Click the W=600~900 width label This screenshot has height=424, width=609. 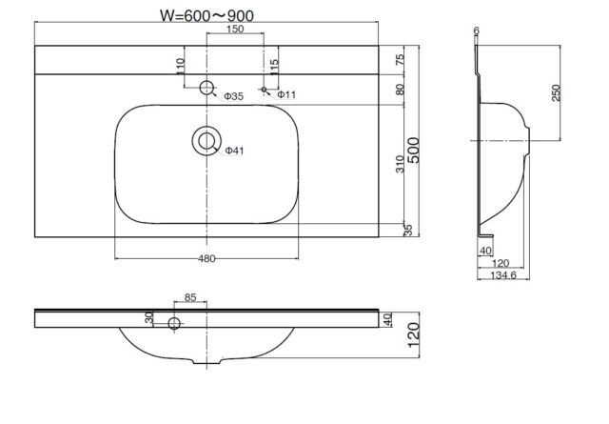tap(207, 15)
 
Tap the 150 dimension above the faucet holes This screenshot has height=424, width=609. tap(235, 29)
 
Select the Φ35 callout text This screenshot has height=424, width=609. tap(233, 96)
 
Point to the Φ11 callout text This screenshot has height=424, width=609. tap(286, 94)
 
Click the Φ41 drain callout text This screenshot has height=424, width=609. tap(235, 151)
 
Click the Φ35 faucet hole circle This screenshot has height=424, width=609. tap(206, 88)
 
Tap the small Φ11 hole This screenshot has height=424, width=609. tap(265, 90)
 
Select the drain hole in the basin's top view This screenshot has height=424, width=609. tap(206, 141)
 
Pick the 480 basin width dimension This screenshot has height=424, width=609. tap(206, 258)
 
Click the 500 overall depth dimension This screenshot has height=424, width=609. tap(413, 151)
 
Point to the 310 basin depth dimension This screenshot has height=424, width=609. tap(400, 164)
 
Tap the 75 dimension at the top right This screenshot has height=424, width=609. tap(400, 59)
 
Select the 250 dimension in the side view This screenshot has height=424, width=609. tap(556, 92)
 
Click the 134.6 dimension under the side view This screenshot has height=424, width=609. tap(503, 275)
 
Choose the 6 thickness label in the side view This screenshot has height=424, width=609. tap(477, 30)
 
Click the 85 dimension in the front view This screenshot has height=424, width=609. tap(190, 297)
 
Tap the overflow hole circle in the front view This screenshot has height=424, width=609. tap(174, 323)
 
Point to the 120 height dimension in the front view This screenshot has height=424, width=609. tap(413, 335)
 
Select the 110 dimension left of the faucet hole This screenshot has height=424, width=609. tap(180, 66)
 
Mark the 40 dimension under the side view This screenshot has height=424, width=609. tap(485, 251)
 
